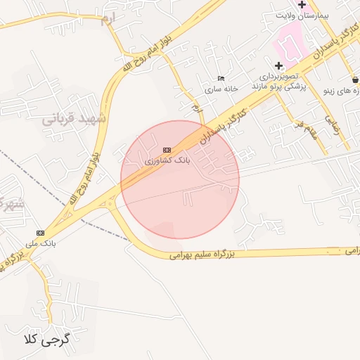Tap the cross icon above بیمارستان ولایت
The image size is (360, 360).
[x=302, y=4]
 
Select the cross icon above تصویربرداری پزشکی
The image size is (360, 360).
[x=279, y=65]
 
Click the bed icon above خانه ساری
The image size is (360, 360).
[x=221, y=78]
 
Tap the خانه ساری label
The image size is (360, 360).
[x=221, y=89]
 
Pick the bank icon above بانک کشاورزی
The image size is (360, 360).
[x=167, y=150]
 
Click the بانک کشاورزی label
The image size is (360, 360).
[x=167, y=161]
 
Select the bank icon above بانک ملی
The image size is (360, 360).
[x=40, y=233]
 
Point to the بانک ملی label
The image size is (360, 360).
[x=40, y=243]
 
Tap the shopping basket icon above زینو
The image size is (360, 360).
[x=356, y=78]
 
